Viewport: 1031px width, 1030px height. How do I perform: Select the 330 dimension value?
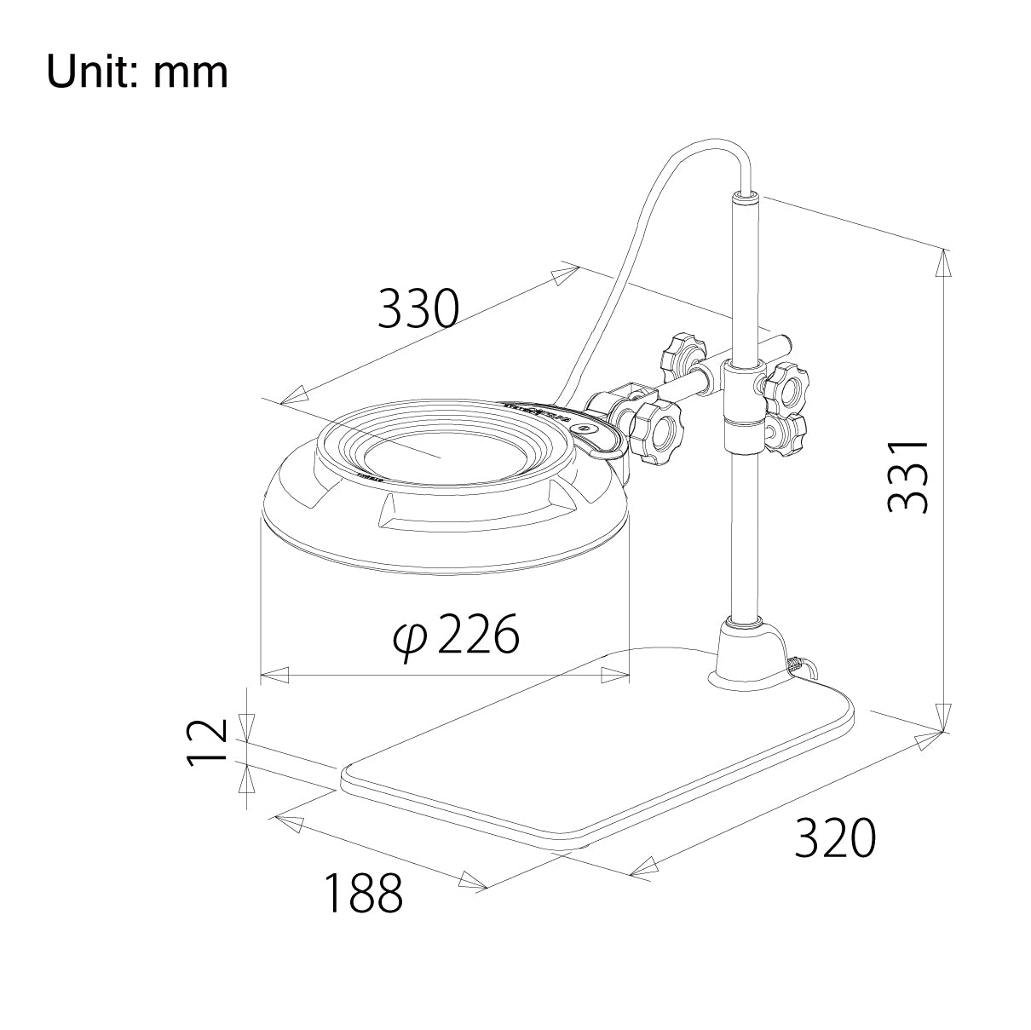coord(418,308)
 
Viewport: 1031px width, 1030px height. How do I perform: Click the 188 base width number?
coord(362,893)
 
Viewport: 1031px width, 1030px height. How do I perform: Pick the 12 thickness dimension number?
coord(206,742)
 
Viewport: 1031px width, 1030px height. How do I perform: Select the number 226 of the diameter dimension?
coord(478,635)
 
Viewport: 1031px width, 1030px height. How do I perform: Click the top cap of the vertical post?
coord(745,199)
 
